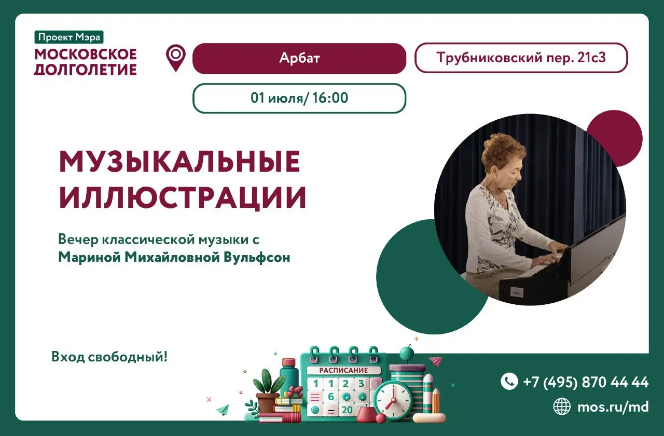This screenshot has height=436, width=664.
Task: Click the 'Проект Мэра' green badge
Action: click(x=69, y=37)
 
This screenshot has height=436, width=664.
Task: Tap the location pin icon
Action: click(x=176, y=57)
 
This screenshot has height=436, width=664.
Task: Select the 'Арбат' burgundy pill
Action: click(x=299, y=59)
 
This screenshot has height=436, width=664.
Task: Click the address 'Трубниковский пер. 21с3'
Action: click(x=521, y=58)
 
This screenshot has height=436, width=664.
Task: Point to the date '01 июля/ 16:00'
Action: click(x=299, y=98)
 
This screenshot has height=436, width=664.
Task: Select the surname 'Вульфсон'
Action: click(x=257, y=257)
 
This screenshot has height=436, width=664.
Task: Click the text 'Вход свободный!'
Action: click(x=109, y=357)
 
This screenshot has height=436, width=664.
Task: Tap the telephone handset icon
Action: click(x=509, y=381)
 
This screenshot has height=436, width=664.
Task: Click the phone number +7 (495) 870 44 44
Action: click(x=586, y=382)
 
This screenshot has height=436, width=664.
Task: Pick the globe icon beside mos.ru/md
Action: click(x=562, y=406)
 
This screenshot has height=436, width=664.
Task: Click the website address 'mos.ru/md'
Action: click(x=613, y=407)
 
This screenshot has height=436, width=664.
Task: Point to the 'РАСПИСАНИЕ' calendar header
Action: click(x=343, y=370)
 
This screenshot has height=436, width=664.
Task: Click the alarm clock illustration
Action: click(x=393, y=400)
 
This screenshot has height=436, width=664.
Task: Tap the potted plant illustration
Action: click(x=268, y=391)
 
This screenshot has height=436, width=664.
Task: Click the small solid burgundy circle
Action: click(x=614, y=138)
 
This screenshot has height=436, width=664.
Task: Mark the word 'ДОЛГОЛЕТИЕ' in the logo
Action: click(x=86, y=70)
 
